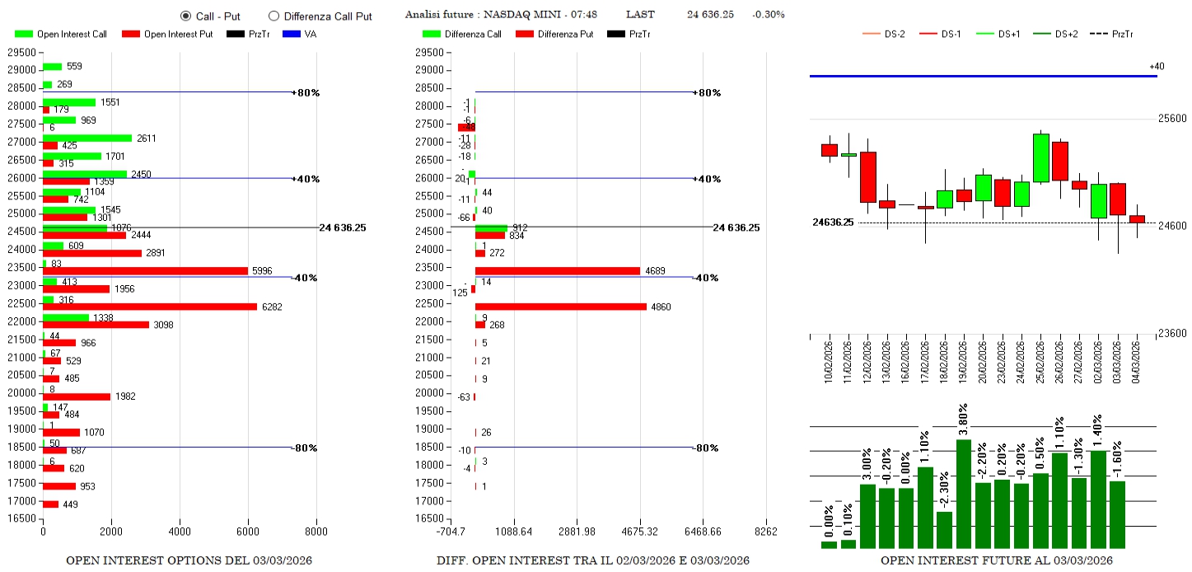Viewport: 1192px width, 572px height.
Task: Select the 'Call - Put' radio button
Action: [185, 16]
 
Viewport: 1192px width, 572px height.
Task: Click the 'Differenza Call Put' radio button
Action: [274, 16]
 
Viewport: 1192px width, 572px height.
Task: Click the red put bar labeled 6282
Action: [149, 307]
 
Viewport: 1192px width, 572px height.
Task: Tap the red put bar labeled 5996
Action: [145, 270]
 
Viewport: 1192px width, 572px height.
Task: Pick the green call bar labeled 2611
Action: [87, 138]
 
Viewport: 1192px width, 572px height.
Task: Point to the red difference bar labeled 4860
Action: [561, 307]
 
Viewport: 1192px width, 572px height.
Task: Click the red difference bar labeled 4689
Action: [558, 270]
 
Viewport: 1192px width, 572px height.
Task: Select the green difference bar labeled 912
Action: [491, 227]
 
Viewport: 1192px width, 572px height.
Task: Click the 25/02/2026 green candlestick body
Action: [1041, 157]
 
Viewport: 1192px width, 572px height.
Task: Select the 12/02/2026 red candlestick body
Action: [867, 176]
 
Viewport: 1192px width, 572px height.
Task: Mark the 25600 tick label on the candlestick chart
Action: [1173, 119]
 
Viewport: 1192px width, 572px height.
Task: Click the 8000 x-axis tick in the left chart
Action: [316, 532]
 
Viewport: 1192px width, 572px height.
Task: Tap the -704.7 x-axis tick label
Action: [451, 532]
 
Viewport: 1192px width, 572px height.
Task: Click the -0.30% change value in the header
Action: [768, 15]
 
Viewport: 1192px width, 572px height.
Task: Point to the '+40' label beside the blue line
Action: [1157, 66]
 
